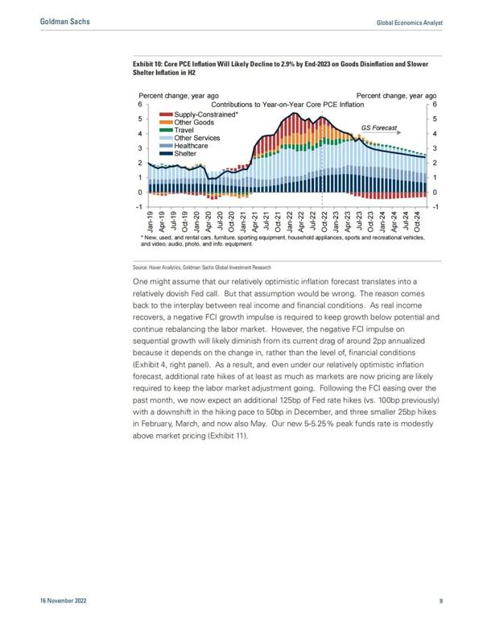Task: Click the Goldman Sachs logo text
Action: (x=65, y=21)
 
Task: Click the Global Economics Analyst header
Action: (x=409, y=23)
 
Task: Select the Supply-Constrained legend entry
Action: (x=199, y=114)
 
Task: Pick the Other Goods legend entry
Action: (x=187, y=122)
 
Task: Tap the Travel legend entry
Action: (x=176, y=130)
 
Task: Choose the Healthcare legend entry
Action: (x=184, y=146)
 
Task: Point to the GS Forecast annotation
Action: (x=379, y=128)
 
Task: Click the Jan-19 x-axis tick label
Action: (x=150, y=222)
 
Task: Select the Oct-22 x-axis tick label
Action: (x=324, y=222)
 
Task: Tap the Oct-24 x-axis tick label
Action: (x=417, y=222)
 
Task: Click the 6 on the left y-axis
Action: (x=140, y=105)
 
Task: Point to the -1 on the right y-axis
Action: (x=435, y=207)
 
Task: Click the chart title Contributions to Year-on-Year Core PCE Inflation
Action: (x=287, y=105)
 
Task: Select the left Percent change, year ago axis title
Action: (x=179, y=96)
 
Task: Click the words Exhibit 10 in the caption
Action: (x=147, y=64)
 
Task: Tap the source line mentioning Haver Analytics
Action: (x=201, y=267)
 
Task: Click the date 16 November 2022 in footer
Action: (x=63, y=600)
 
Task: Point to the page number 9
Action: (x=441, y=600)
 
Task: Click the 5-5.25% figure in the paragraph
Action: (x=319, y=424)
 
